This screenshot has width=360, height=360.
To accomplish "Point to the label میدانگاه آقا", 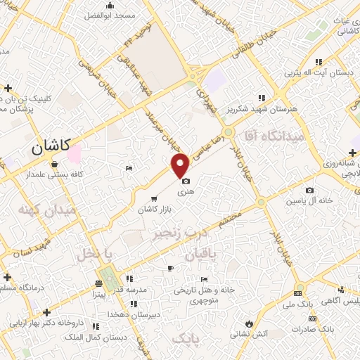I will (x=271, y=136).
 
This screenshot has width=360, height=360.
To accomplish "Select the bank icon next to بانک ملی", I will (x=298, y=292).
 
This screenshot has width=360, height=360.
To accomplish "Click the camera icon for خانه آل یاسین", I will (x=309, y=190).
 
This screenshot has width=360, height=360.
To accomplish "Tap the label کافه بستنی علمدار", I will (x=58, y=174).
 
